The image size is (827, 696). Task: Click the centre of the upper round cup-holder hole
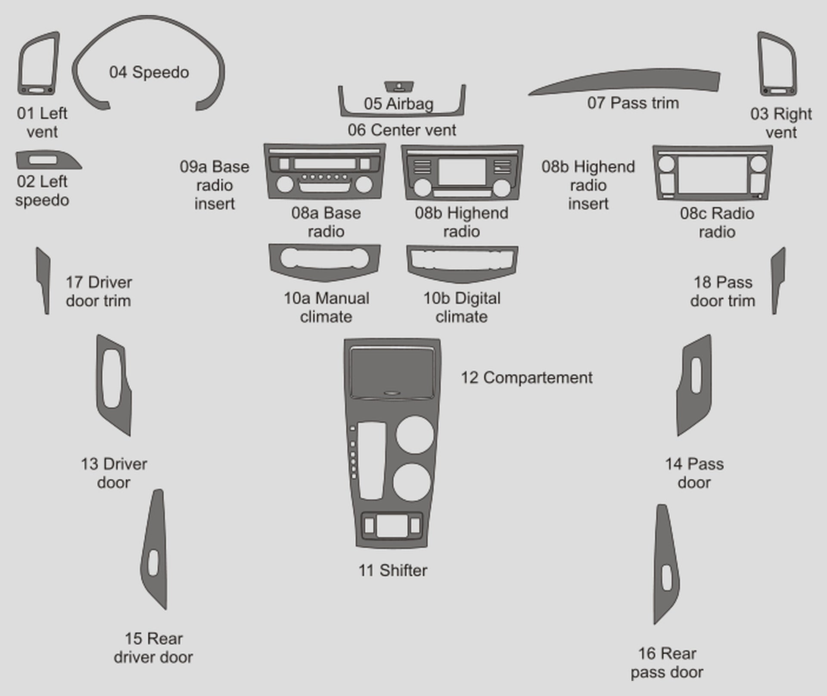(415, 435)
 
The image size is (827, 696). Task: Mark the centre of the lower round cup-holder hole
(412, 482)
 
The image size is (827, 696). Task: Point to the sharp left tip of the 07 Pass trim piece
(529, 94)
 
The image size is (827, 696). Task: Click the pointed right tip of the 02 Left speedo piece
(81, 168)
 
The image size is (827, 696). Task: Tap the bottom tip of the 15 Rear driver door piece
(166, 609)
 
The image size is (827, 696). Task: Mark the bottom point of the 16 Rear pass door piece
(654, 624)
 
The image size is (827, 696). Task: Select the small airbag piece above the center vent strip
(399, 87)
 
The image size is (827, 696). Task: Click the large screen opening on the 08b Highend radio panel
(462, 172)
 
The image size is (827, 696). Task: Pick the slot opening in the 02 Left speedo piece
(42, 160)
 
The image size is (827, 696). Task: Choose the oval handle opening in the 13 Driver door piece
(112, 379)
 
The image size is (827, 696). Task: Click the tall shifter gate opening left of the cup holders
(371, 461)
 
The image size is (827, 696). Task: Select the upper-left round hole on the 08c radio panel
(666, 165)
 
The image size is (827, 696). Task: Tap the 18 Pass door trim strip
(778, 281)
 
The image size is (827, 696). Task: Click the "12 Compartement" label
(526, 378)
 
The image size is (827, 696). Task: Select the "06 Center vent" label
(402, 130)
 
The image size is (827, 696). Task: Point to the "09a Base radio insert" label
(215, 185)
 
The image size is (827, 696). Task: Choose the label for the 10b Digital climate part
(462, 307)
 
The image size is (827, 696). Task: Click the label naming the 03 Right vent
(781, 123)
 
